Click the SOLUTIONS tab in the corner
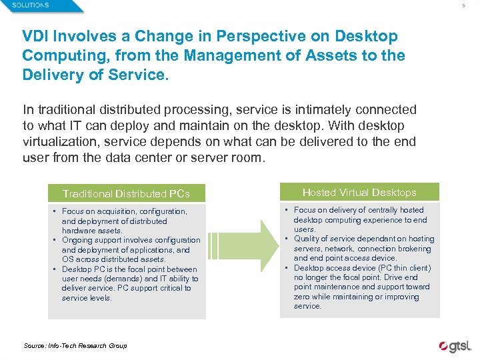pos(31,5)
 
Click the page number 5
pos(465,6)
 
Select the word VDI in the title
pos(36,37)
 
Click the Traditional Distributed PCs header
pos(126,194)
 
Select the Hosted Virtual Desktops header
pos(359,193)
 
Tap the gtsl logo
pos(455,346)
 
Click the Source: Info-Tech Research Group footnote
pos(75,345)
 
